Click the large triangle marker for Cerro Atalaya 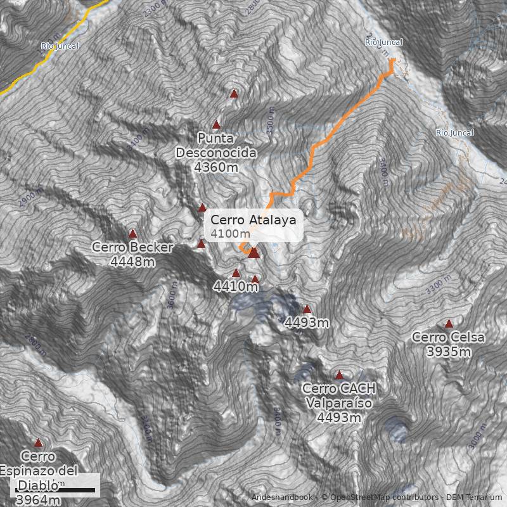click(253, 253)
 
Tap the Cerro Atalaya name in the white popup click(253, 220)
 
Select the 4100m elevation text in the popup click(226, 234)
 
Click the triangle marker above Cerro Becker click(133, 234)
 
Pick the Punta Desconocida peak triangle click(216, 125)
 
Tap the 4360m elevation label click(216, 167)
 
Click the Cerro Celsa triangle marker click(449, 323)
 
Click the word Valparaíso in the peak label click(339, 403)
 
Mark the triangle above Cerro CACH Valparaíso click(339, 375)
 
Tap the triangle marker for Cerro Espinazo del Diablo click(38, 443)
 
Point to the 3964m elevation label click(38, 501)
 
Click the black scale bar click(55, 490)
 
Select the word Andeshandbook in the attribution click(282, 497)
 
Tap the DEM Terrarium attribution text click(474, 497)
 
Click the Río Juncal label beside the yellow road click(60, 46)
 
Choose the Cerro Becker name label click(132, 247)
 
